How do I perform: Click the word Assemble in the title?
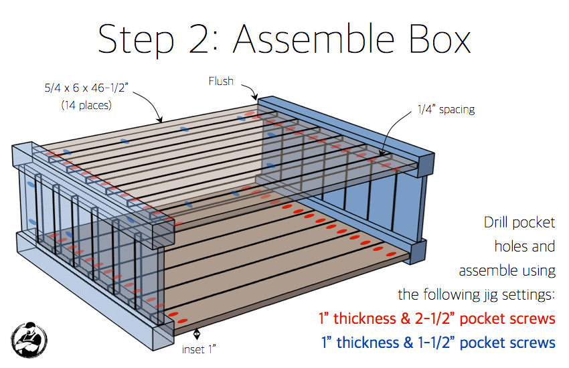point(313,39)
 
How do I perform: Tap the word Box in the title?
point(439,39)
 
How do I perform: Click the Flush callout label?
point(221,81)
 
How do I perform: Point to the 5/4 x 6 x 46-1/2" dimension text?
point(86,88)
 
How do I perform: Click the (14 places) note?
point(86,105)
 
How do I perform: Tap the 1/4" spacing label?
point(446,109)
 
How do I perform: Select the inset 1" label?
point(199,349)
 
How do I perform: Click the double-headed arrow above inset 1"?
point(196,334)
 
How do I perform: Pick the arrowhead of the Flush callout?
point(256,97)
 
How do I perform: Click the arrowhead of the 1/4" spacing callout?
point(382,153)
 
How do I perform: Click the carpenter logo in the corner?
point(29,340)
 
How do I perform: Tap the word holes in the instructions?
point(509,246)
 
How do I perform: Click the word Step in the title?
point(136,41)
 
